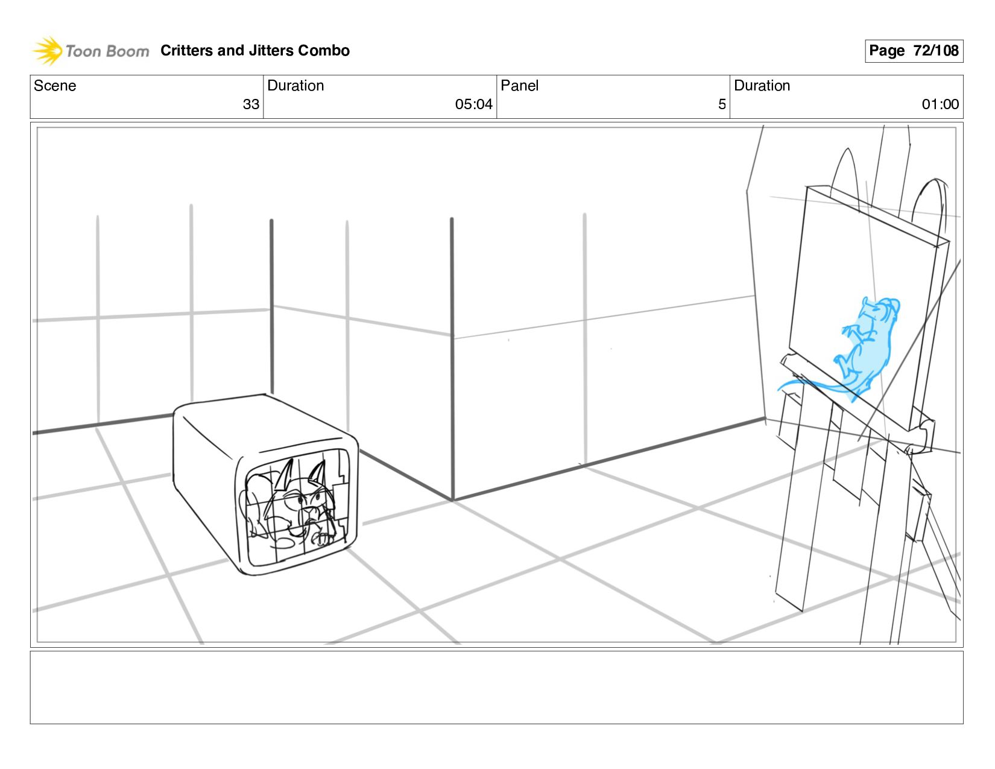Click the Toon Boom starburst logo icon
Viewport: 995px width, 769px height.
48,51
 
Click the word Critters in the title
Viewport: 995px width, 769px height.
186,51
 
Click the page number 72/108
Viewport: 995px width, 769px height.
936,51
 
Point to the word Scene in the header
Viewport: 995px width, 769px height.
55,86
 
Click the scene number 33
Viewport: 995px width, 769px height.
251,104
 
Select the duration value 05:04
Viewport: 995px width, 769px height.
473,104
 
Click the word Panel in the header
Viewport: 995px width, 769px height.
519,86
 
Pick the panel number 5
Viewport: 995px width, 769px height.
721,104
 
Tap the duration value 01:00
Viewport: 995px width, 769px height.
940,104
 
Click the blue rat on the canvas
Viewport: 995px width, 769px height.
868,350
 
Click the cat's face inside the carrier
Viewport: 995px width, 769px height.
305,501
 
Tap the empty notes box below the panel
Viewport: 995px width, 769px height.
496,687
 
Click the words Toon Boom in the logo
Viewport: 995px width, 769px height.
107,51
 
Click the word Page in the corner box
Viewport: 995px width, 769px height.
886,51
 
